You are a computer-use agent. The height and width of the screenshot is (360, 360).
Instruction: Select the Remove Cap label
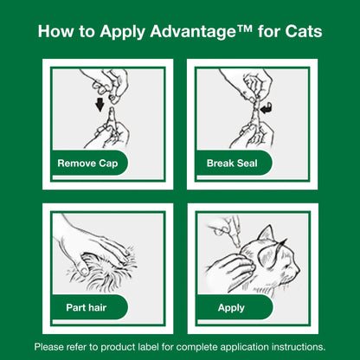88,163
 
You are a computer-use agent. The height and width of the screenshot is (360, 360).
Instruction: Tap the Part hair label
87,306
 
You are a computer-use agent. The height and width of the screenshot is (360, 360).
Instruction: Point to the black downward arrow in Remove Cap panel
100,106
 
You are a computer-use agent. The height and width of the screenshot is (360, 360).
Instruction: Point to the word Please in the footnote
51,345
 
